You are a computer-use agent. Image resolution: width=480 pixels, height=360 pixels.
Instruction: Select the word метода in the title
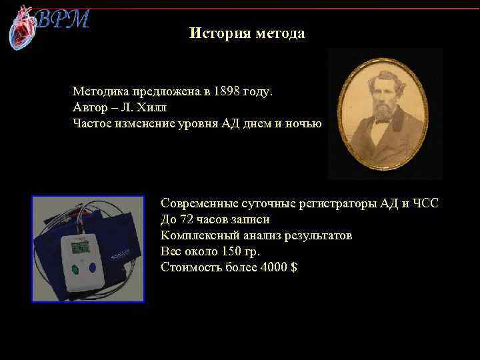click(x=279, y=33)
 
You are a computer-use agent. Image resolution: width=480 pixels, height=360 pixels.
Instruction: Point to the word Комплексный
click(x=198, y=235)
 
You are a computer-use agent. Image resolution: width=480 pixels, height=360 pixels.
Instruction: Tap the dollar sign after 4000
click(x=294, y=267)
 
